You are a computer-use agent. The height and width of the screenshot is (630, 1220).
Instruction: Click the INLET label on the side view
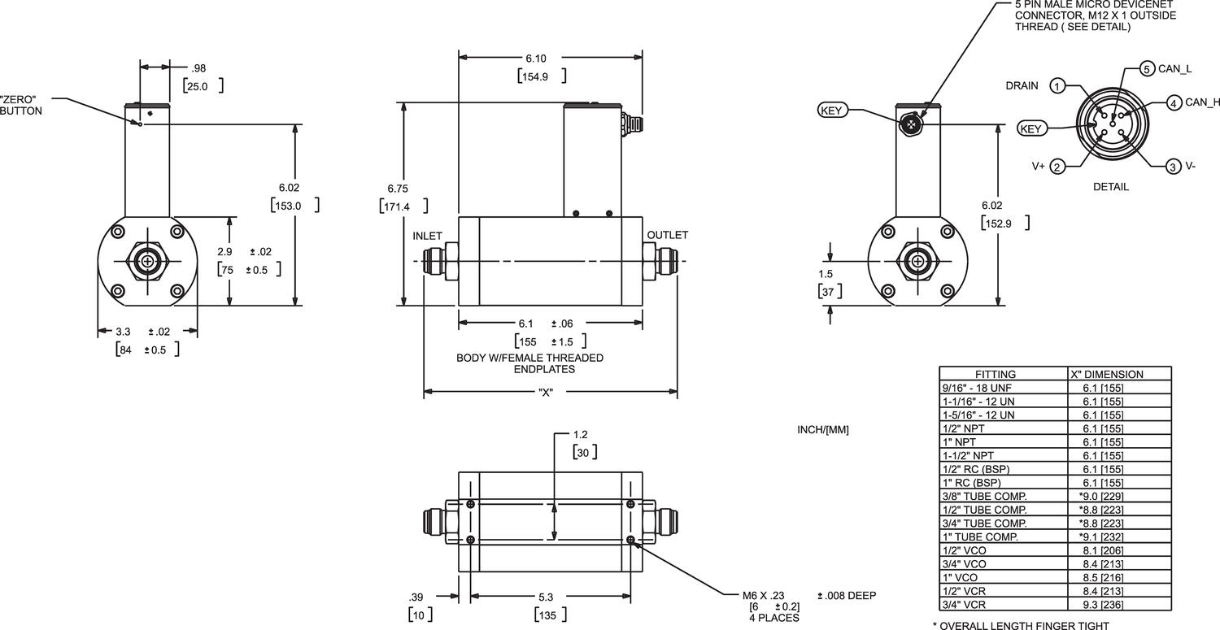coord(427,236)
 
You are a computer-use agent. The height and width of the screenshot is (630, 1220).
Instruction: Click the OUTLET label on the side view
coord(667,235)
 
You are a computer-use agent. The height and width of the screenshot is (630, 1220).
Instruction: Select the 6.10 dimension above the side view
coord(535,58)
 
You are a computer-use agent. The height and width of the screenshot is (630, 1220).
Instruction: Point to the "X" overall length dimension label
coord(546,393)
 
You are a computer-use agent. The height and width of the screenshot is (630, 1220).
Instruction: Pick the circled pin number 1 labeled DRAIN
coord(1057,85)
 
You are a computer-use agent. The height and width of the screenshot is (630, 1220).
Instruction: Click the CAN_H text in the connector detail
coord(1202,102)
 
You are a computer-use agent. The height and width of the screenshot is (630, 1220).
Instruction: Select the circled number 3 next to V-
coord(1172,167)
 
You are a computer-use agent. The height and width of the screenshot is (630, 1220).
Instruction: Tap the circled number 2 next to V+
coord(1057,167)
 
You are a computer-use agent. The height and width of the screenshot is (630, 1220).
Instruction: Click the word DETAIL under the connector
coord(1110,187)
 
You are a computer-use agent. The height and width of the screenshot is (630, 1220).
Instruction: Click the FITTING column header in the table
coord(996,375)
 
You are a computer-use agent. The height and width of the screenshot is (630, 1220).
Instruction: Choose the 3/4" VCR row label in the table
coord(965,604)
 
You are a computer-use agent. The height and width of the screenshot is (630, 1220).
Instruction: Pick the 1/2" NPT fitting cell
coord(965,428)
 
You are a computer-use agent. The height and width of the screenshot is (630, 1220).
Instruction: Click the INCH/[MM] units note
coord(822,429)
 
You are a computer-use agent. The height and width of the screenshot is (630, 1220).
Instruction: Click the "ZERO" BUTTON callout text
coord(21,105)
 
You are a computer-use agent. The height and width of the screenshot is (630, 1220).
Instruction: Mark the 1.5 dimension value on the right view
coord(826,274)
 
